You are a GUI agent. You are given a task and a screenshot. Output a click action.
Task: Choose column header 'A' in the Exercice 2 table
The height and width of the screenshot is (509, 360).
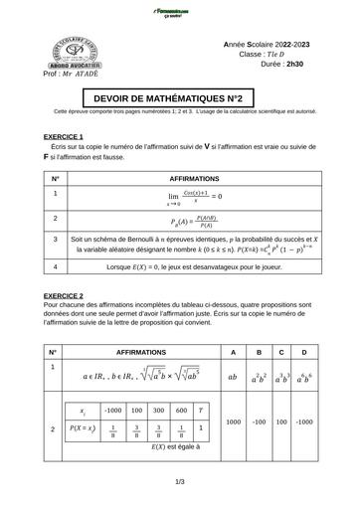coord(233,352)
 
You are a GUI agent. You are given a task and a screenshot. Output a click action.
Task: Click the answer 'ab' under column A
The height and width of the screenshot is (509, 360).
coord(233,378)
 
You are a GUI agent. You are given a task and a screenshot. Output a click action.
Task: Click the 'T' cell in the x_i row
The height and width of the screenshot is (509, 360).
coord(201,410)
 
